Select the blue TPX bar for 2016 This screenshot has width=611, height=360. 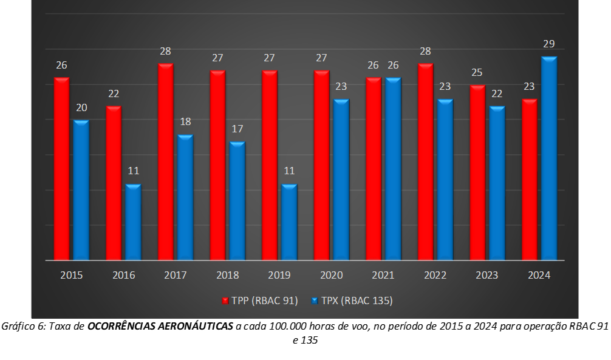tap(133, 222)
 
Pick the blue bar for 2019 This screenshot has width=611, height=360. tap(289, 222)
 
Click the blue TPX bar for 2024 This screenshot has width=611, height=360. tap(549, 158)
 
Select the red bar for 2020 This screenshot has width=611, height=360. tap(321, 165)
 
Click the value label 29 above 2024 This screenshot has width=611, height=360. tap(548, 44)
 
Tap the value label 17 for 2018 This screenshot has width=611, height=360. tap(237, 129)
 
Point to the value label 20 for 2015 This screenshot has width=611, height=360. tap(81, 107)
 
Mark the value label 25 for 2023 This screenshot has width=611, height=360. tap(477, 72)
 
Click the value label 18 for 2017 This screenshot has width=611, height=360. tap(185, 122)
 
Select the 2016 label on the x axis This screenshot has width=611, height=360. tap(123, 275)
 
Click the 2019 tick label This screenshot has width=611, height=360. tap(279, 275)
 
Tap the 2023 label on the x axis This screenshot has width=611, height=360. tap(487, 275)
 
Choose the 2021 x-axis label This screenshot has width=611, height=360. tap(383, 275)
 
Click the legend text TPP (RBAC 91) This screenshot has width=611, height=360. tap(265, 301)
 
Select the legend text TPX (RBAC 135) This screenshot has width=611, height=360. tap(357, 301)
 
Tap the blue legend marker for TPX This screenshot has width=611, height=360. tap(315, 301)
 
